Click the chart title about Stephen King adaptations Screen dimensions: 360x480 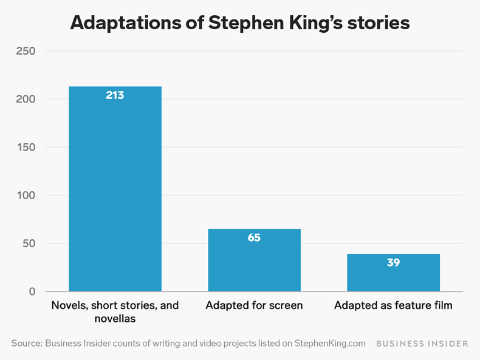click(240, 22)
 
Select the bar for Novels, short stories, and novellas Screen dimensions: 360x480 click(115, 194)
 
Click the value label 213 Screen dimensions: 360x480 click(115, 95)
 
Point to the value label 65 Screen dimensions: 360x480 click(254, 237)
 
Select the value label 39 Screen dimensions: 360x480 click(393, 262)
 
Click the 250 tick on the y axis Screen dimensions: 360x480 click(25, 51)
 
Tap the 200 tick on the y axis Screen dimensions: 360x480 click(25, 99)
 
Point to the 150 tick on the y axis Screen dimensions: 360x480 click(25, 148)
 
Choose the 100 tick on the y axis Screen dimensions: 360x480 click(25, 195)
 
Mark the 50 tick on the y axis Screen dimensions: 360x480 click(28, 243)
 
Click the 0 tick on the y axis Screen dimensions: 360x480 click(32, 292)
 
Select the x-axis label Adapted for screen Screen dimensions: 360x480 click(254, 305)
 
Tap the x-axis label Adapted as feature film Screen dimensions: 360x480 click(393, 305)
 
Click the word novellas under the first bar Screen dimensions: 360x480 click(115, 319)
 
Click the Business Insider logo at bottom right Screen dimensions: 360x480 click(422, 344)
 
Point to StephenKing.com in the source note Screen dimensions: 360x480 click(330, 343)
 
